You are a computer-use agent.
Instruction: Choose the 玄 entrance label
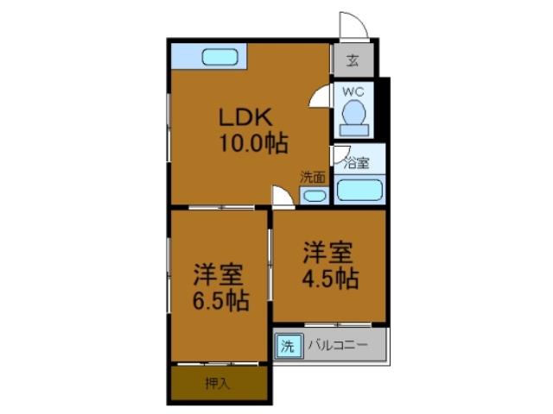point(353,60)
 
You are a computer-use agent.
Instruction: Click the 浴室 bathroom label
point(357,161)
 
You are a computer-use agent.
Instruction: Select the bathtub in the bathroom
point(359,190)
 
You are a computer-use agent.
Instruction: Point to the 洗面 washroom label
point(313,177)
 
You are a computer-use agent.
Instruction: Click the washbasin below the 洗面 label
point(314,195)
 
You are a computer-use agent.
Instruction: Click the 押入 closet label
point(217,383)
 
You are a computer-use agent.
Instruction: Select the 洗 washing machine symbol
point(288,347)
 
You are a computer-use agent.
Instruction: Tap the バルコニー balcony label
point(336,346)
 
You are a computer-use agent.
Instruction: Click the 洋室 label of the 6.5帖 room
point(217,275)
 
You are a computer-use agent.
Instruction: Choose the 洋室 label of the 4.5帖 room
point(327,254)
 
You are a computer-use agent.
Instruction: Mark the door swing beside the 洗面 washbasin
point(282,197)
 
